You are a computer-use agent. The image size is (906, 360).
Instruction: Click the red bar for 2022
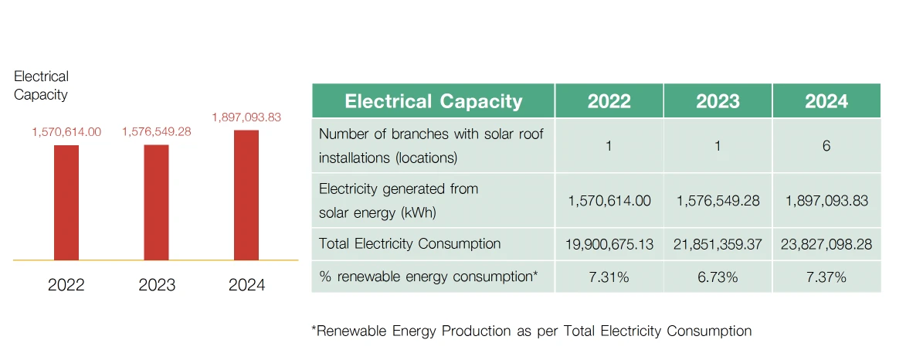click(x=66, y=202)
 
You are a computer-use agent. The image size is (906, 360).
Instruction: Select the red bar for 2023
click(x=157, y=202)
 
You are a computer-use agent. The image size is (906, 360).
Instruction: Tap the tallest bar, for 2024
click(x=246, y=195)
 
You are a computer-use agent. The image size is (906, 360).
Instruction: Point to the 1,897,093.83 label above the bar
click(x=246, y=117)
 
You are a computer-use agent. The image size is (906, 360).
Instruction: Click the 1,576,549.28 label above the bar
click(x=157, y=132)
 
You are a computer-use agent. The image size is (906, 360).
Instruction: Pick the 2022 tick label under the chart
click(x=66, y=285)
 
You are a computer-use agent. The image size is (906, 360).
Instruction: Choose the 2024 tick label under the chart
click(x=246, y=285)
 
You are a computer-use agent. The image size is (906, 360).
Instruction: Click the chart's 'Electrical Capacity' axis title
click(x=41, y=86)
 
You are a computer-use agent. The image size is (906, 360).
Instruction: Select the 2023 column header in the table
click(x=718, y=101)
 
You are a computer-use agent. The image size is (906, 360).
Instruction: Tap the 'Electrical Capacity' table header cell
click(x=433, y=101)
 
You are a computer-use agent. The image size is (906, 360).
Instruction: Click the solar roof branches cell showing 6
click(x=826, y=145)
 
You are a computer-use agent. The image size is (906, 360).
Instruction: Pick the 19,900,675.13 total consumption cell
click(x=609, y=244)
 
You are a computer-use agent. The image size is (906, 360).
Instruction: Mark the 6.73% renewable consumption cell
click(x=718, y=277)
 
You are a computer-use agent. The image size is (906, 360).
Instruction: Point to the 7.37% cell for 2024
click(x=826, y=277)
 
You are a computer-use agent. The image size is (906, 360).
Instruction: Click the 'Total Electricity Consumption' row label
click(x=409, y=244)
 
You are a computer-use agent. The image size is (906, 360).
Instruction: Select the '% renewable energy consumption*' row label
click(x=428, y=277)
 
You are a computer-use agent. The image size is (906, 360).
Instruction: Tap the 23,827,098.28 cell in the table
click(x=826, y=244)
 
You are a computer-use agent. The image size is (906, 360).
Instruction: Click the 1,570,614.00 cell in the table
click(x=609, y=201)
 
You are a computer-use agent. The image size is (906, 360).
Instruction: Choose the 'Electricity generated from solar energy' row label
click(x=399, y=201)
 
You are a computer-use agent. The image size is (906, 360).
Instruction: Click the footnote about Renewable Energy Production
click(x=531, y=331)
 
